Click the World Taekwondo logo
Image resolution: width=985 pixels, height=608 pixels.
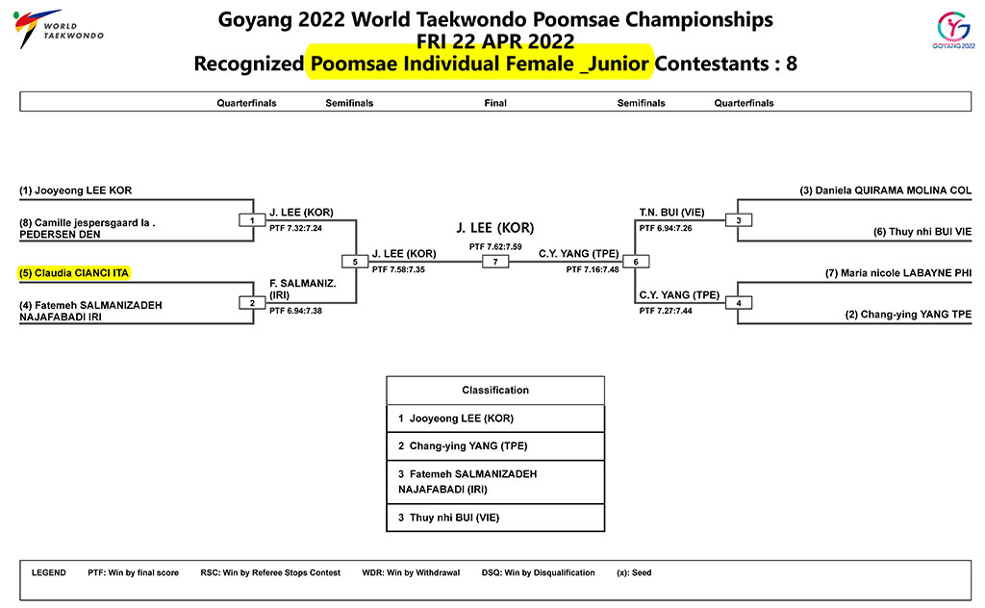(x=58, y=29)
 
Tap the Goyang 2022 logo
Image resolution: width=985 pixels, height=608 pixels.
(x=953, y=30)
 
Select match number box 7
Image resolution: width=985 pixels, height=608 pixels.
(x=495, y=262)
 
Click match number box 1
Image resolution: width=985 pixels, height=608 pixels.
(x=252, y=220)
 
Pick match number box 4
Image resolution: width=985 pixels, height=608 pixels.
(x=738, y=303)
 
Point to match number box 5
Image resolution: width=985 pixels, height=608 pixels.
(x=355, y=262)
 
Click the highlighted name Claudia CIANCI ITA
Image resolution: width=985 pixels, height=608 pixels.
(x=73, y=273)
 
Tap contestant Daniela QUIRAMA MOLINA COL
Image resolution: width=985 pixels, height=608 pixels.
(x=885, y=190)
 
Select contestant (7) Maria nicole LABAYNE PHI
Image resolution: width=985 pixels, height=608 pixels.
(x=898, y=273)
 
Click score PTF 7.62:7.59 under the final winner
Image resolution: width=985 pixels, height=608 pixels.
(x=495, y=247)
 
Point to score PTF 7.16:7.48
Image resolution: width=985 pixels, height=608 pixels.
(x=593, y=269)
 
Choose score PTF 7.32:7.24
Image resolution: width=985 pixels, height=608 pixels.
(x=296, y=228)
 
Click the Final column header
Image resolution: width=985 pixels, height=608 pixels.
(x=495, y=103)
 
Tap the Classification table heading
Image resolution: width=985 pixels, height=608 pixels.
(x=495, y=390)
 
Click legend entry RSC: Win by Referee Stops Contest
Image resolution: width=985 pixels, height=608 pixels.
(x=270, y=572)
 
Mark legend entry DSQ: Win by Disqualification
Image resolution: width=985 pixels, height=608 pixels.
(x=539, y=572)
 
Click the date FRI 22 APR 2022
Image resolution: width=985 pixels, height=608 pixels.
(x=495, y=41)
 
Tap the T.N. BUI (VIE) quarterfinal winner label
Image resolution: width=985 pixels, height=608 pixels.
(x=671, y=213)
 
